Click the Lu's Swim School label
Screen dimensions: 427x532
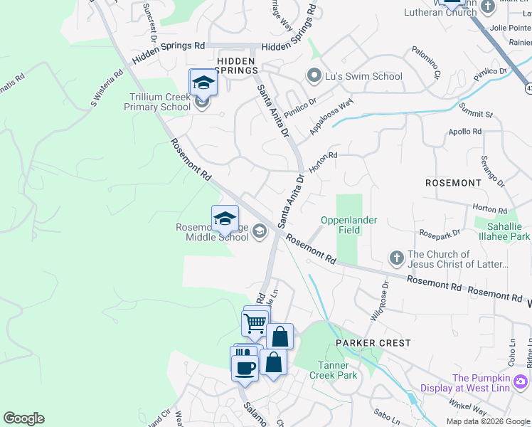coord(363,76)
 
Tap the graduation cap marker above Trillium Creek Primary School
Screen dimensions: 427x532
coord(203,83)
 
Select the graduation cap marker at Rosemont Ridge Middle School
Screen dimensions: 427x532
coord(225,219)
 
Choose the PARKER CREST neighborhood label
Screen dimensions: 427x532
coord(373,343)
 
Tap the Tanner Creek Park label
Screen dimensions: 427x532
coord(333,370)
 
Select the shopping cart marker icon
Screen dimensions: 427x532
coord(254,324)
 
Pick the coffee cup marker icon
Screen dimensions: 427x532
coord(245,368)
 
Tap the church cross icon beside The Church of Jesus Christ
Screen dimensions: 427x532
coord(397,256)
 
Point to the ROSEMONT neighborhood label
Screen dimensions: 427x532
coord(453,183)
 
